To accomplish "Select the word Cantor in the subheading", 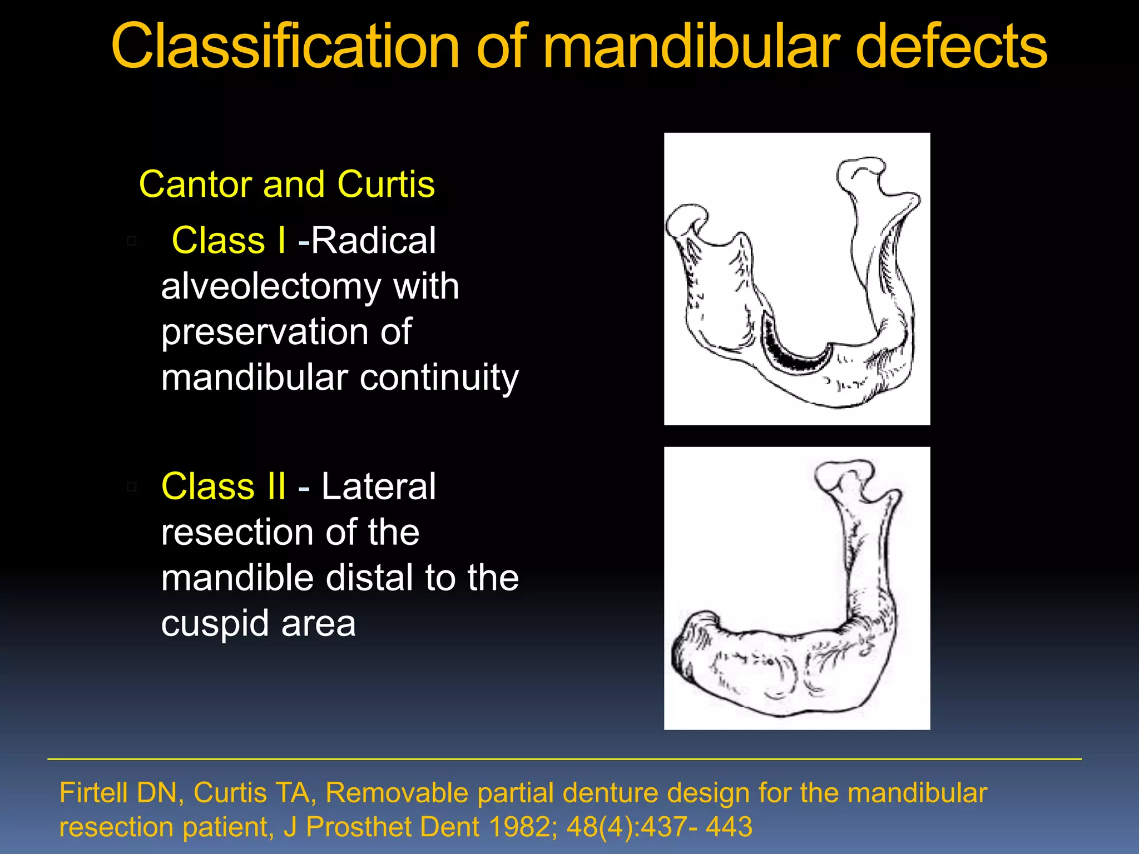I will coord(195,185).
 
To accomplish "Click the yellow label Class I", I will coord(229,241).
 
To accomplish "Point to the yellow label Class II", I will coord(224,486).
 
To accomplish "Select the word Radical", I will coord(373,241).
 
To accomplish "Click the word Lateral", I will coord(378,486).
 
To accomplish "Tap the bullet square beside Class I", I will coord(132,241).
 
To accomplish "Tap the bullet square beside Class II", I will coord(132,487).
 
